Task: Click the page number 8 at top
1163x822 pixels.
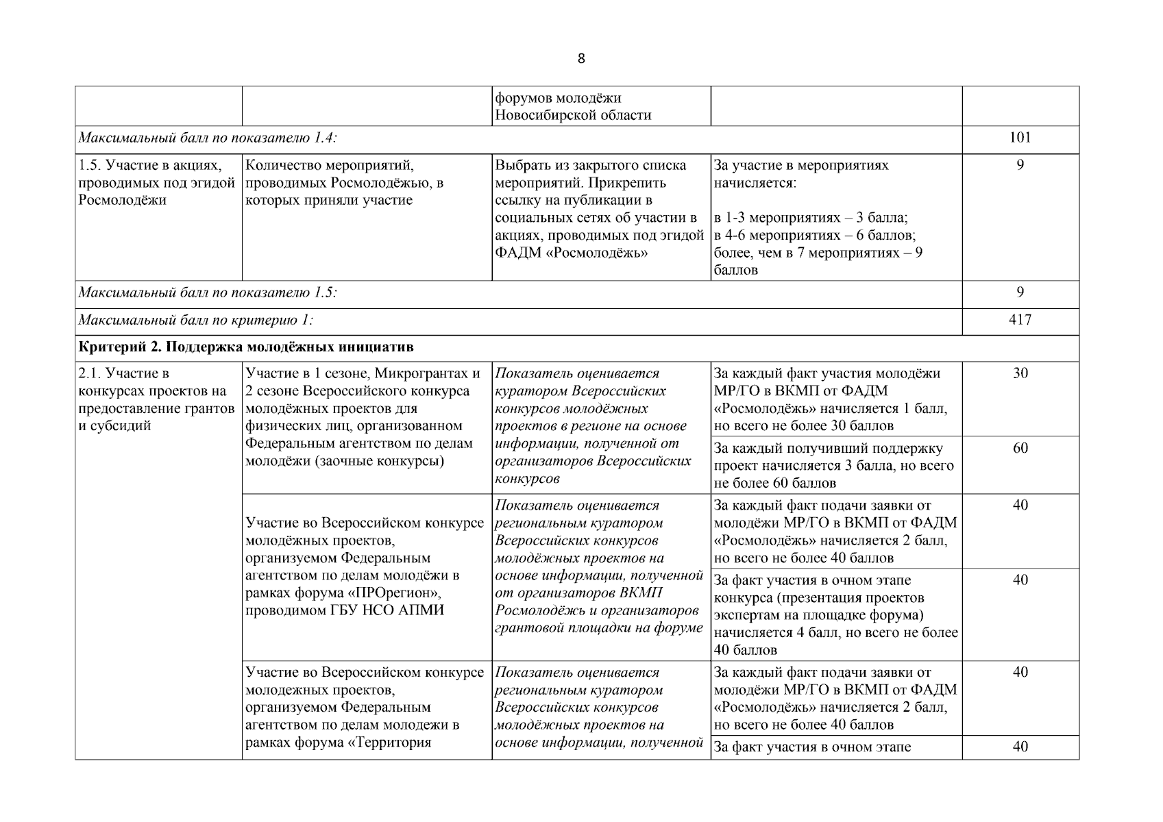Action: point(581,59)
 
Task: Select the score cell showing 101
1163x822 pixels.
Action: point(1020,138)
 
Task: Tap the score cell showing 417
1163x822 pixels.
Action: point(1020,320)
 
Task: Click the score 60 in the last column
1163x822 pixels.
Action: point(1020,449)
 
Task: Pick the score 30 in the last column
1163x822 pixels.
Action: point(1020,374)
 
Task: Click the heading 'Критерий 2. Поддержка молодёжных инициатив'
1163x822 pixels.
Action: point(246,347)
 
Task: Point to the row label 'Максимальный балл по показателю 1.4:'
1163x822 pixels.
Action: point(208,138)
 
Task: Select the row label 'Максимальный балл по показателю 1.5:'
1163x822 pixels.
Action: point(208,292)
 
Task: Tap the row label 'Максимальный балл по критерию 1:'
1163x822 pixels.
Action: point(196,320)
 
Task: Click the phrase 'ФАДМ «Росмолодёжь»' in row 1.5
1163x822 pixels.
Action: point(572,253)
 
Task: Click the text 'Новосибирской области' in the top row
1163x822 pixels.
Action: point(573,115)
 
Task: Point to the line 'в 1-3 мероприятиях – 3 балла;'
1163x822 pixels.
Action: point(810,218)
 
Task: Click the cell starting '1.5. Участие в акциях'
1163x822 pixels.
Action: point(158,183)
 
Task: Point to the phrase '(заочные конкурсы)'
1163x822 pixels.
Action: point(379,461)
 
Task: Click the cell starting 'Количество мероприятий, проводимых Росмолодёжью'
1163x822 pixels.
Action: point(344,183)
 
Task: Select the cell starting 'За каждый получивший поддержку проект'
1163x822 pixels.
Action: point(834,466)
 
